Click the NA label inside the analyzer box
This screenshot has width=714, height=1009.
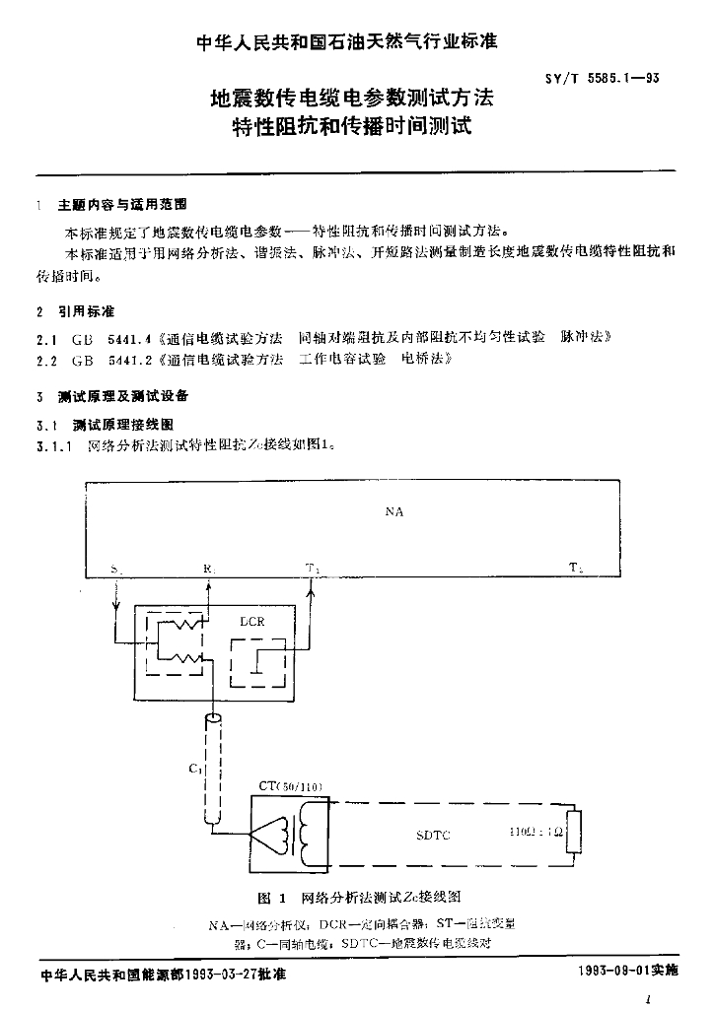tap(394, 512)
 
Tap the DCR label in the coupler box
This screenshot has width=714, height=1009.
tap(252, 623)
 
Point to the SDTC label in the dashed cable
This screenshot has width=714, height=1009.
tap(433, 836)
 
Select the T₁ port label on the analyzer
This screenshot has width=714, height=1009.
tap(313, 569)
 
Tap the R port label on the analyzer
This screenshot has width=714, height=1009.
tap(208, 569)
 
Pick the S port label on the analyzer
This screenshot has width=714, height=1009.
tap(116, 569)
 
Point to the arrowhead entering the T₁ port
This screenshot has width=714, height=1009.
tap(313, 586)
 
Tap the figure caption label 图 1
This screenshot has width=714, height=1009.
tap(270, 898)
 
